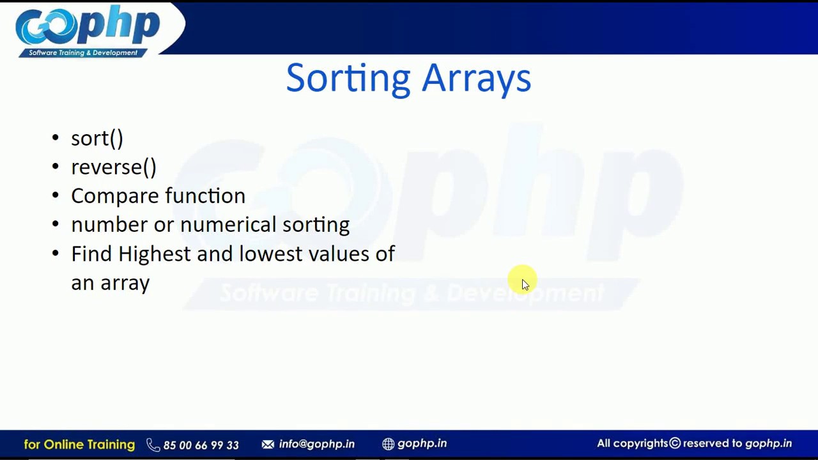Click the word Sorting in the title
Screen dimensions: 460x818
pos(348,79)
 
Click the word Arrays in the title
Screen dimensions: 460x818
pos(476,79)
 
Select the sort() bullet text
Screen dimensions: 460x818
pos(97,139)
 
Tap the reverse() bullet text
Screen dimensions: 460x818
pos(114,167)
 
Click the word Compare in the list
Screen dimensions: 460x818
pos(109,196)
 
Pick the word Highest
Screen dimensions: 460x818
pos(154,254)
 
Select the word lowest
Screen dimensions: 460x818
pos(270,254)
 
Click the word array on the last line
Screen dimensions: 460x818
pos(125,283)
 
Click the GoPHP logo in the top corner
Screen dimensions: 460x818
pos(88,30)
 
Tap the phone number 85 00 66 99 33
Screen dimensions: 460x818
pos(201,445)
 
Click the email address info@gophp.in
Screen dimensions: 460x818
pos(316,444)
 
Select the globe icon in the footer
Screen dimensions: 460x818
pos(388,444)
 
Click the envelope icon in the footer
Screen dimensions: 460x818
pos(268,444)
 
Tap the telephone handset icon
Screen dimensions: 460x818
pos(153,445)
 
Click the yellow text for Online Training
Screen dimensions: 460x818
pos(79,444)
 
